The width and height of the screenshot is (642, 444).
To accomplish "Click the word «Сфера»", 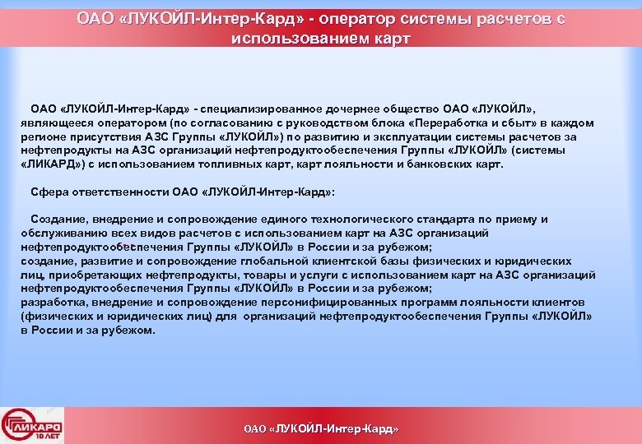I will [49, 192].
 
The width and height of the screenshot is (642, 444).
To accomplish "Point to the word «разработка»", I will [51, 302].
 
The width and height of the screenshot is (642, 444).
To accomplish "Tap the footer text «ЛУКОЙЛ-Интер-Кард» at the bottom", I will [331, 429].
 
